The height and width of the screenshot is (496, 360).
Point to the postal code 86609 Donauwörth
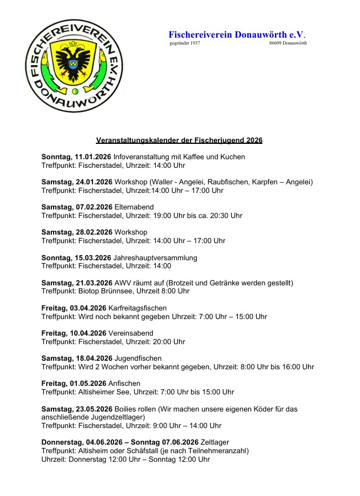[288, 43]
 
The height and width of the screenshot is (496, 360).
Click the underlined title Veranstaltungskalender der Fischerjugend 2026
[179, 140]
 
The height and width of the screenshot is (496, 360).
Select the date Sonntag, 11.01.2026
[76, 157]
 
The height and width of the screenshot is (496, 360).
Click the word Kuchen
[233, 157]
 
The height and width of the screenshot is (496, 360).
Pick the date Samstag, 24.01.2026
[76, 182]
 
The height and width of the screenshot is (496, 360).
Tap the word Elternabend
[134, 207]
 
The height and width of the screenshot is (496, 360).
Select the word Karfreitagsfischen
[134, 308]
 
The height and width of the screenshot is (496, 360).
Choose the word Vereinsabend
[131, 333]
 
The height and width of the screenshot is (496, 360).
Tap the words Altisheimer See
[105, 392]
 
